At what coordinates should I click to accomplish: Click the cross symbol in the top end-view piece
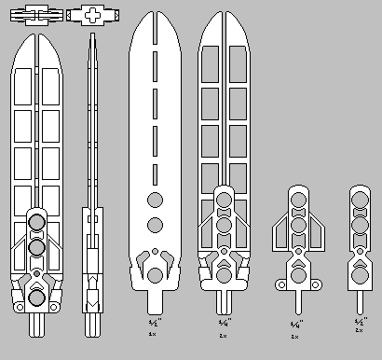[95, 16]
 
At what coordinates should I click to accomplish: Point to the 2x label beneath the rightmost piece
[359, 329]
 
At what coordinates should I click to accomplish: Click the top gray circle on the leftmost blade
[37, 222]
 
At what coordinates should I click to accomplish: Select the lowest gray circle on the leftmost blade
[37, 297]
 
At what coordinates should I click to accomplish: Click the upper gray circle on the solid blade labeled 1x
[155, 198]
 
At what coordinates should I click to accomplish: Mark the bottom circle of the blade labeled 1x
[155, 274]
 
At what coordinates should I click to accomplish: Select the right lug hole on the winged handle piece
[315, 284]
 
